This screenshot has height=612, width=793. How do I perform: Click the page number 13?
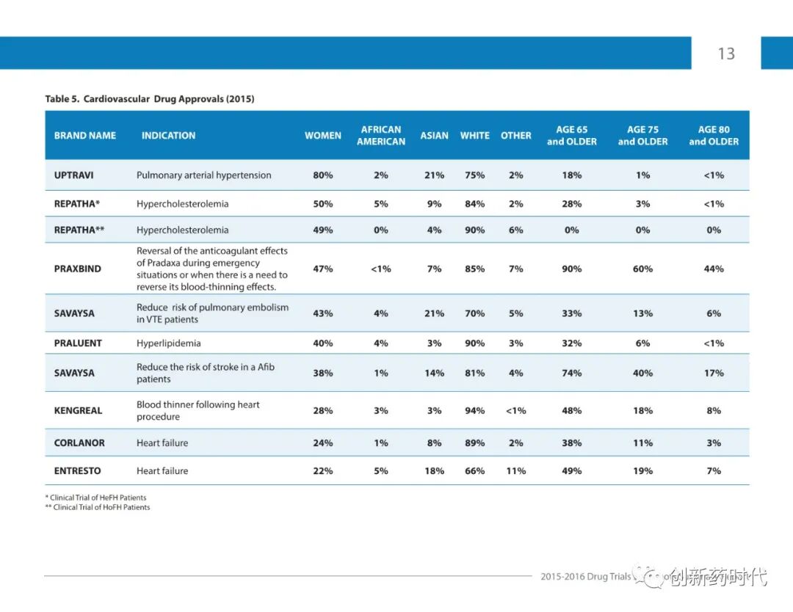coord(726,54)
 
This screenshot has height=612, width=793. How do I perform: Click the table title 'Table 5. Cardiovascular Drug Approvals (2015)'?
coord(150,98)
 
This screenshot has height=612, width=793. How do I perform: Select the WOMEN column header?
coord(323,136)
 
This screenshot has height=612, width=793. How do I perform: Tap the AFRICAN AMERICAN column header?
coord(381,136)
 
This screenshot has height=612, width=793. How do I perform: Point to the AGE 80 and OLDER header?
coord(714,136)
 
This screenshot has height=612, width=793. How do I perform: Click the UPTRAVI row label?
coord(73,175)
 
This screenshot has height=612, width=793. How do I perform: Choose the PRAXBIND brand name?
coord(78,269)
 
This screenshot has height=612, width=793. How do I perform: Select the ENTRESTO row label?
coord(78,471)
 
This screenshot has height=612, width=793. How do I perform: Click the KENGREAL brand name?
coord(78,411)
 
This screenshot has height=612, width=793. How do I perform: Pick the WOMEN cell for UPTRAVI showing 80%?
coord(323,175)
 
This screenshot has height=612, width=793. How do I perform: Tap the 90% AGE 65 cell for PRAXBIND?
coord(572,269)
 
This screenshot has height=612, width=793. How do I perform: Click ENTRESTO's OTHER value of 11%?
coord(516,471)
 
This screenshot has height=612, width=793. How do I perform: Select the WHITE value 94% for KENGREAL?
coord(475,411)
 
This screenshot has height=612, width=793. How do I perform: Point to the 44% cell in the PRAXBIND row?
coord(714,269)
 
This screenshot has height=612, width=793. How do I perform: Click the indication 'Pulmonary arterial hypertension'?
coord(204,175)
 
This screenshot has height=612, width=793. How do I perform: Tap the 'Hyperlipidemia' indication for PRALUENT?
coord(169,343)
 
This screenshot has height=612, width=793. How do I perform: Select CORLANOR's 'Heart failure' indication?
coord(162,443)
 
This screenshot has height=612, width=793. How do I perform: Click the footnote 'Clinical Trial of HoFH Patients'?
coord(101,507)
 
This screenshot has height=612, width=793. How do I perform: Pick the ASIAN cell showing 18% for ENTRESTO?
coord(435,471)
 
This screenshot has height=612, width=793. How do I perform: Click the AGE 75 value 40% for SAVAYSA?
coord(643,374)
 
